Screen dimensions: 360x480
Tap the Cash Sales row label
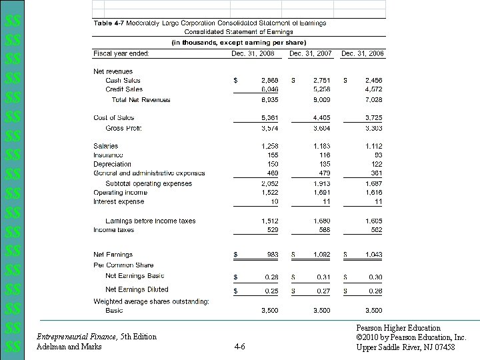123,80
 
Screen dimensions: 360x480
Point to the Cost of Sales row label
114,117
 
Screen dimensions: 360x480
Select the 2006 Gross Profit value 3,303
373,127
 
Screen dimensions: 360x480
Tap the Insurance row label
108,155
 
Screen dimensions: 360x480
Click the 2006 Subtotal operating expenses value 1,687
373,183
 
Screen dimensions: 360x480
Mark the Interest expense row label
118,201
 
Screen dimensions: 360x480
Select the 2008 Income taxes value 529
272,229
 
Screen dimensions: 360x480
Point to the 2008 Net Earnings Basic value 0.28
271,276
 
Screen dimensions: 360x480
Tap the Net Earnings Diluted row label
137,289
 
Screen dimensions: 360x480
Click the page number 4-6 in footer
240,346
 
